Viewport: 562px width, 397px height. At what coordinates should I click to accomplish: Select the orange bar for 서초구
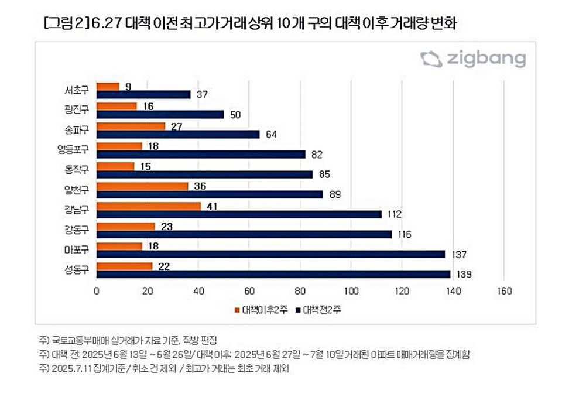(108, 87)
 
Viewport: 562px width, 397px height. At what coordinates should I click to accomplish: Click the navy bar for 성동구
(273, 274)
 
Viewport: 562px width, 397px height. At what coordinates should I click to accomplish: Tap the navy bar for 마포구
(271, 254)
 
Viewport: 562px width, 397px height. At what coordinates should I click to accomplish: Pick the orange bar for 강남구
(149, 206)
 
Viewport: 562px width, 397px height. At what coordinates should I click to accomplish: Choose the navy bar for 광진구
(160, 114)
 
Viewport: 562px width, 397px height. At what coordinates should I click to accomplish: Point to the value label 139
(464, 274)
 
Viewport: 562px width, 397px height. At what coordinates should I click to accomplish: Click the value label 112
(395, 214)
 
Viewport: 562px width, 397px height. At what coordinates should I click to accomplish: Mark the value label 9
(128, 87)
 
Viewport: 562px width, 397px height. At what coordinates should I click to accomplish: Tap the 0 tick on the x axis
(97, 291)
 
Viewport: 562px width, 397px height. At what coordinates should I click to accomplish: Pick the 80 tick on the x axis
(300, 291)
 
